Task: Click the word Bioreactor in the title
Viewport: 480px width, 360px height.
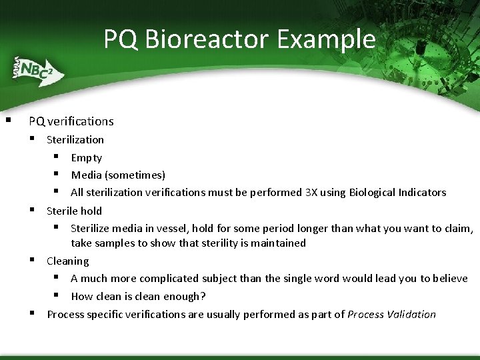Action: point(207,39)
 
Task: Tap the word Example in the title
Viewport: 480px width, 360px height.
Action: point(326,39)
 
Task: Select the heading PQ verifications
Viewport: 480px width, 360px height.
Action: point(71,121)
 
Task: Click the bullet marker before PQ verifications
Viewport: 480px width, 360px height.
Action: point(7,121)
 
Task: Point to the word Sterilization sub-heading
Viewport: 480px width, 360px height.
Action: point(75,139)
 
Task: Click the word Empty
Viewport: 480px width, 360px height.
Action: point(87,158)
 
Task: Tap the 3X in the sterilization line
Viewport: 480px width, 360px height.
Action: point(311,193)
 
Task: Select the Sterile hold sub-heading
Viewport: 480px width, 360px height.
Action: point(74,211)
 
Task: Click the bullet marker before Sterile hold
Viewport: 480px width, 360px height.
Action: point(32,210)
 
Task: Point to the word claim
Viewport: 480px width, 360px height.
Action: point(458,229)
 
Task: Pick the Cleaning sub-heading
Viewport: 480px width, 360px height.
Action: point(67,261)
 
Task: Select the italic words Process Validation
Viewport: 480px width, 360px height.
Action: point(391,314)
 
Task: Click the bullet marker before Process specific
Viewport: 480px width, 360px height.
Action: point(32,313)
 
